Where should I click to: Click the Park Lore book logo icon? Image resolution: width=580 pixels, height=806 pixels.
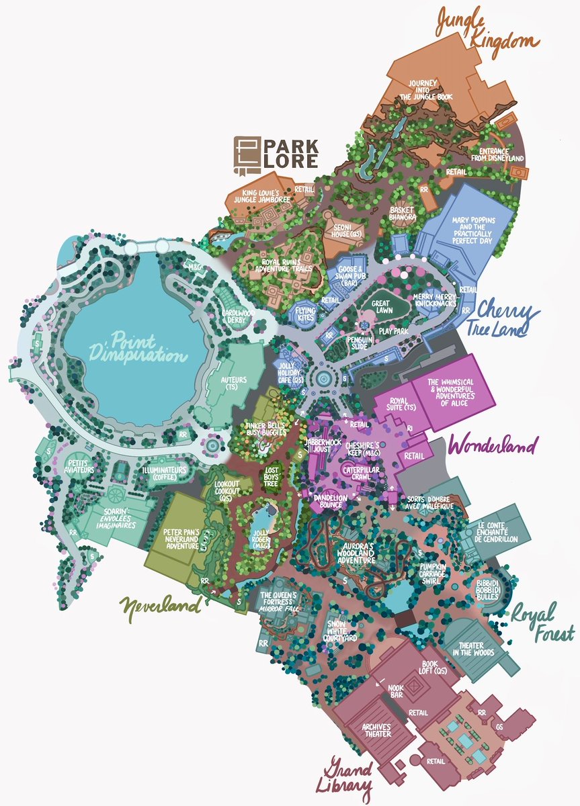pos(245,152)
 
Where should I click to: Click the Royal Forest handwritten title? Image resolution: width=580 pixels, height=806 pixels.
pos(542,622)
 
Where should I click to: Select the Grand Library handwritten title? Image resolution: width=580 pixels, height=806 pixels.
pos(349,776)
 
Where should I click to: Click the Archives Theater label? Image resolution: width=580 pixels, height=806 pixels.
pos(377,729)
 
